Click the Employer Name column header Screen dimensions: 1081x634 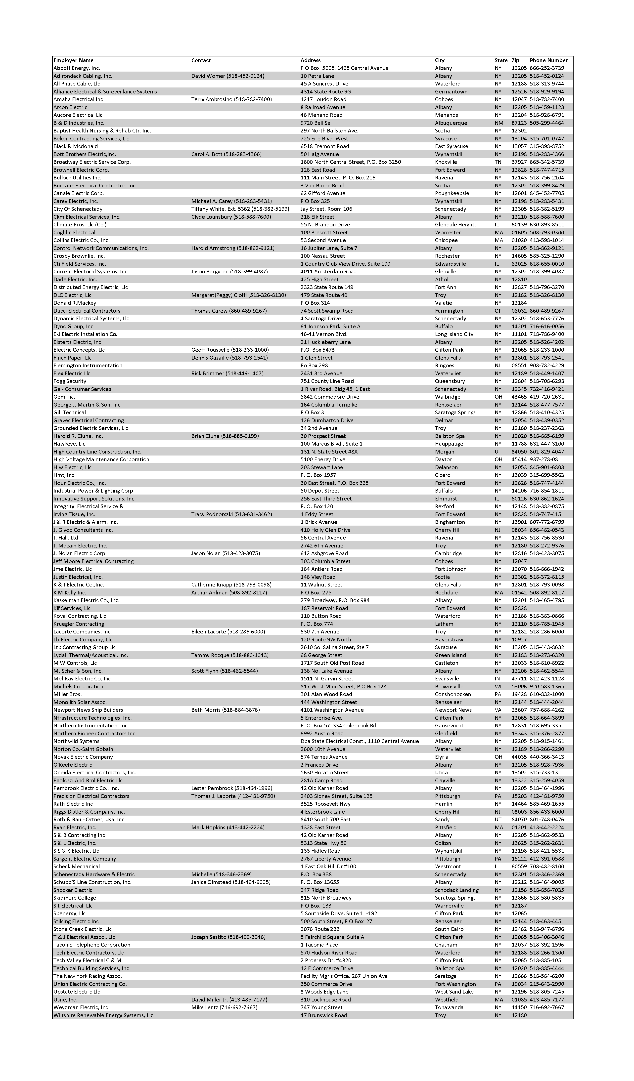[73, 60]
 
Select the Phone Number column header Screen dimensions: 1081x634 [548, 60]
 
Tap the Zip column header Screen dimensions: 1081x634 [515, 60]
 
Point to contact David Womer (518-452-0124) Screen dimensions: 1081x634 [227, 76]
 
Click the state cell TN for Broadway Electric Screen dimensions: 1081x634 [498, 162]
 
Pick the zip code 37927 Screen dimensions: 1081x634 [519, 162]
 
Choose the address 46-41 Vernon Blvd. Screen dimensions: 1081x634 [324, 334]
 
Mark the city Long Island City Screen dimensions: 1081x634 [454, 334]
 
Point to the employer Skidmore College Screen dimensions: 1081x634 [75, 898]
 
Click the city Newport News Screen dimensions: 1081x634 [453, 710]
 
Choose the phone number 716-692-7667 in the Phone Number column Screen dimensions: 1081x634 [546, 1007]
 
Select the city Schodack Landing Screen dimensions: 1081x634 [456, 890]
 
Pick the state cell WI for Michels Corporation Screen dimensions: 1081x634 [498, 686]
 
